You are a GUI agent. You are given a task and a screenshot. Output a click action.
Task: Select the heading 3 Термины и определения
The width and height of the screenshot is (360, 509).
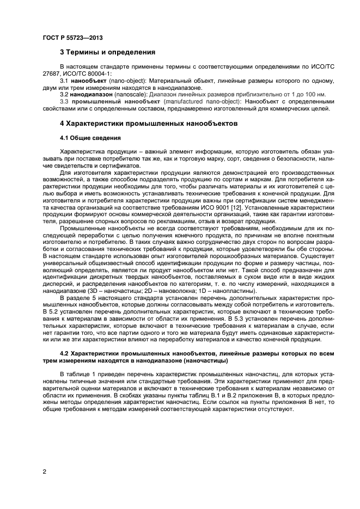pyautogui.click(x=107, y=53)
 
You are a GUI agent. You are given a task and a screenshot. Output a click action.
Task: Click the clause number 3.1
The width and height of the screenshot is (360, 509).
pyautogui.click(x=64, y=81)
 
